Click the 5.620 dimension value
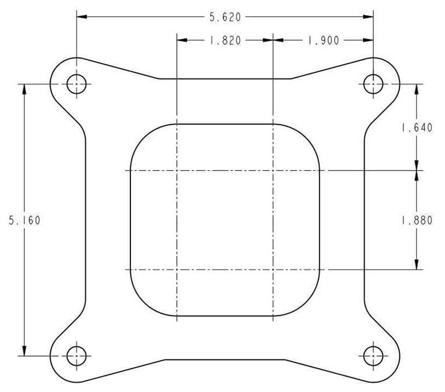[224, 17]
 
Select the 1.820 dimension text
[224, 40]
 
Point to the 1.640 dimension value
[416, 128]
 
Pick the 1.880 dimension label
[416, 220]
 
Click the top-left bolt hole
[77, 84]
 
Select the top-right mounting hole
[373, 84]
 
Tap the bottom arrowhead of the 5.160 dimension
[24, 351]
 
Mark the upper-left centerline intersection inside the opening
[176, 171]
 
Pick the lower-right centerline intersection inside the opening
[273, 270]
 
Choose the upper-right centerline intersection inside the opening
[273, 171]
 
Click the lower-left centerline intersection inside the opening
[176, 270]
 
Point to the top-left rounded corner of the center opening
[140, 135]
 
